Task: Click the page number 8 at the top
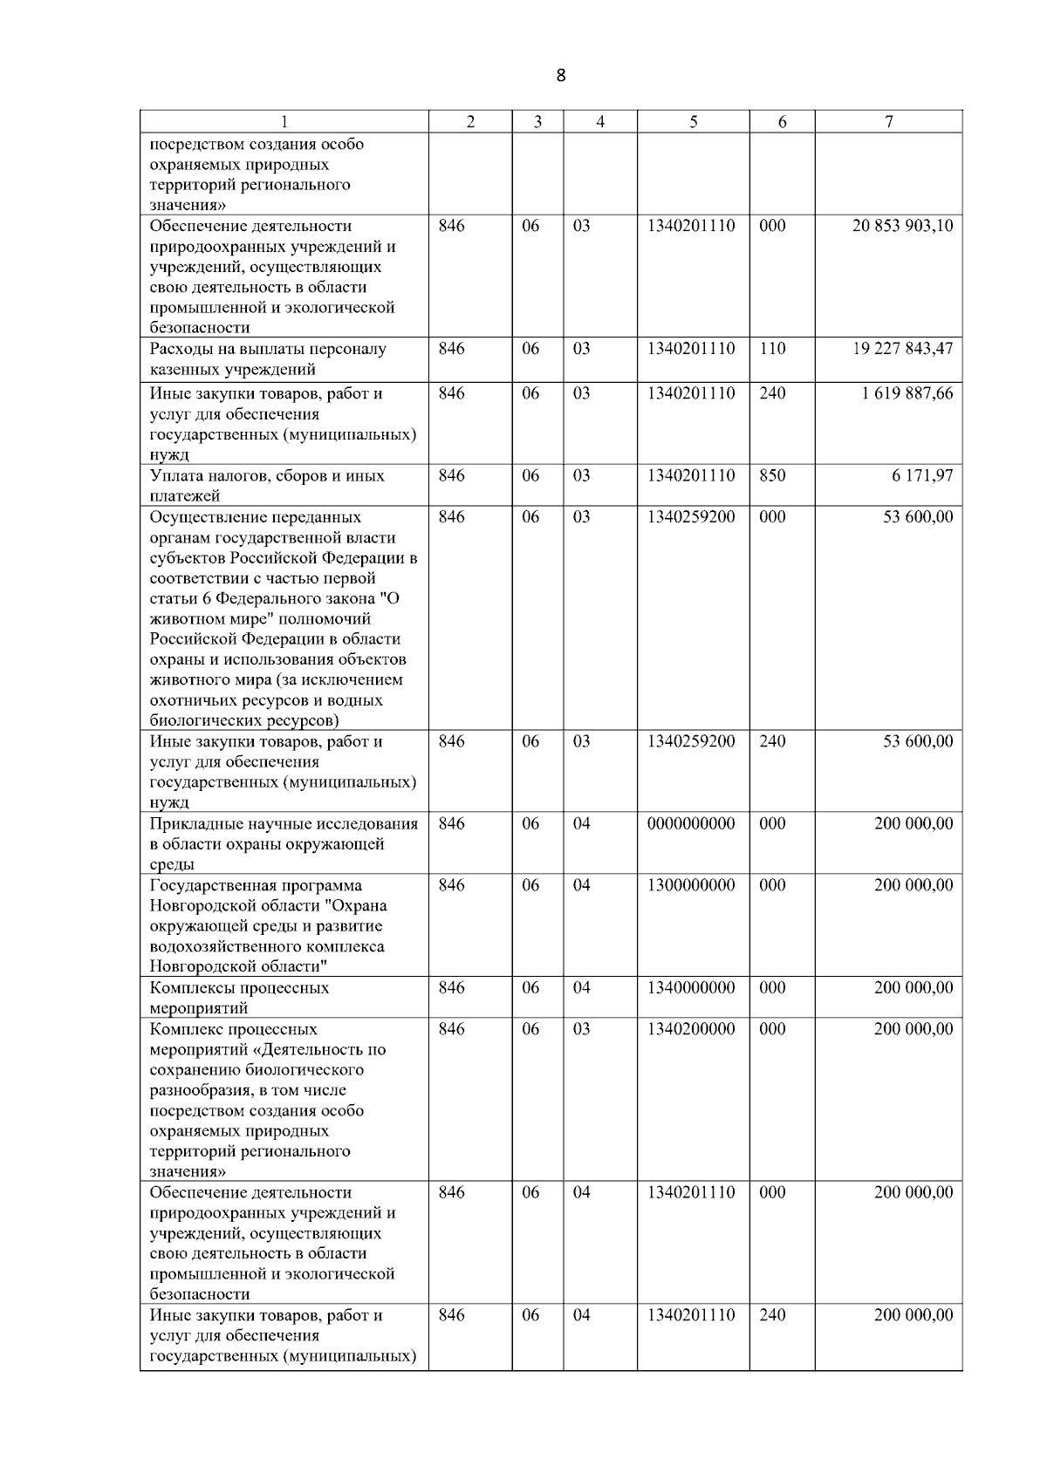[x=560, y=76]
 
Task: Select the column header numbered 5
[x=693, y=123]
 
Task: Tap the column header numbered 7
[x=888, y=123]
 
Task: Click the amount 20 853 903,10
[x=902, y=227]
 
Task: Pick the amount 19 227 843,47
[x=902, y=349]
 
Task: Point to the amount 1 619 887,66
[x=907, y=394]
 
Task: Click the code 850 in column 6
[x=772, y=476]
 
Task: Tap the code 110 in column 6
[x=772, y=349]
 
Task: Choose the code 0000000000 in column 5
[x=691, y=824]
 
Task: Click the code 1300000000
[x=691, y=885]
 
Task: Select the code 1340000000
[x=691, y=988]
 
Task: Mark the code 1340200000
[x=691, y=1029]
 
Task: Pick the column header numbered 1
[x=284, y=123]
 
